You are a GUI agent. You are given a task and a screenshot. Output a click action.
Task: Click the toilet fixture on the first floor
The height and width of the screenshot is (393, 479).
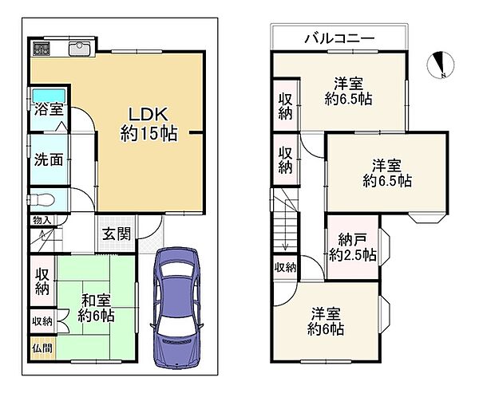(43, 200)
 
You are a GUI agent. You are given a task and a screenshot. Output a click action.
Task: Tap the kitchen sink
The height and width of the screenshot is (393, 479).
(80, 49)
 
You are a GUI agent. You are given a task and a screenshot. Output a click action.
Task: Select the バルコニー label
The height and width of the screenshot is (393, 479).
(339, 37)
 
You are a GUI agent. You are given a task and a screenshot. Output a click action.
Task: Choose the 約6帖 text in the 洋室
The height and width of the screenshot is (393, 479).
(327, 328)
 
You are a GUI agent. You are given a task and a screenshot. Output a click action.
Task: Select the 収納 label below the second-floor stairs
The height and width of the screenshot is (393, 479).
(284, 267)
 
